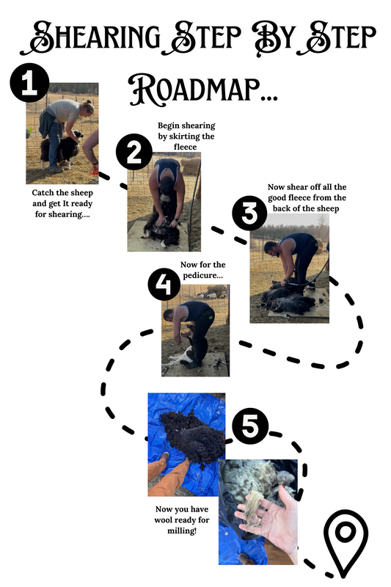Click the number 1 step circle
[x=29, y=83]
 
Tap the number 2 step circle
[x=134, y=152]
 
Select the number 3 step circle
[x=249, y=213]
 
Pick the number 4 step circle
[x=164, y=285]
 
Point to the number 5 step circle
[x=249, y=426]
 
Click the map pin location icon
[x=346, y=543]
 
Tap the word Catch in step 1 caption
[x=43, y=193]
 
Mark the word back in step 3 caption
[x=282, y=208]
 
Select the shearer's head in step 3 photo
[x=270, y=248]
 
